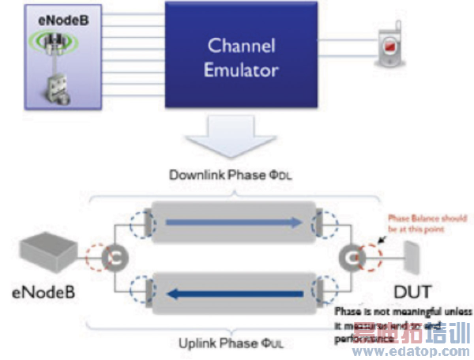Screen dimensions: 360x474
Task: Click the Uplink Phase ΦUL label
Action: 242,343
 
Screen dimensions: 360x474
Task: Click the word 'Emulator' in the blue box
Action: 241,69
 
